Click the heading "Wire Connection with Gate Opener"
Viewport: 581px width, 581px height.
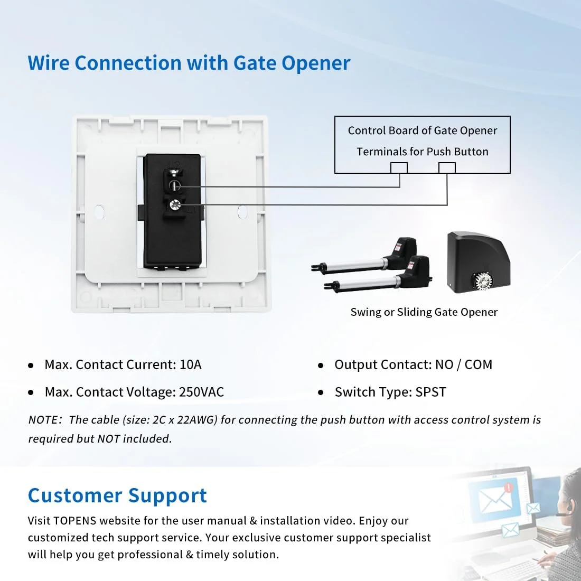pos(189,63)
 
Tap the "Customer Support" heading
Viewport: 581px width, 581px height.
pos(117,495)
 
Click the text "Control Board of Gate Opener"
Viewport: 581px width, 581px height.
pos(423,130)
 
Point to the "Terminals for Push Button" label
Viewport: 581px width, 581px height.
pos(423,152)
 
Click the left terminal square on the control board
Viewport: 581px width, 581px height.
pos(399,168)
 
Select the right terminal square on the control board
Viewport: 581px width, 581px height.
pos(447,168)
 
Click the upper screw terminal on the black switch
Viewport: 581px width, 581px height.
pos(174,185)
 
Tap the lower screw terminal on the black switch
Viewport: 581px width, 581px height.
pos(174,205)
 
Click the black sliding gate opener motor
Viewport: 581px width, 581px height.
pos(479,261)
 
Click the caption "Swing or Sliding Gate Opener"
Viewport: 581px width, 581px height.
pos(424,312)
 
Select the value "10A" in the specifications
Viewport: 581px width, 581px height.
pos(190,364)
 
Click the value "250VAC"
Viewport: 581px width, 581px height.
pos(201,392)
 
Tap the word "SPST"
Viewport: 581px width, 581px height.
pos(430,392)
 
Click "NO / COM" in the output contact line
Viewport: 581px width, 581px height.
pos(464,364)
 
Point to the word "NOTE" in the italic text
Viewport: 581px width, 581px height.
pos(43,420)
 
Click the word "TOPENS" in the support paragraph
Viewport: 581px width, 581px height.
pos(75,521)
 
